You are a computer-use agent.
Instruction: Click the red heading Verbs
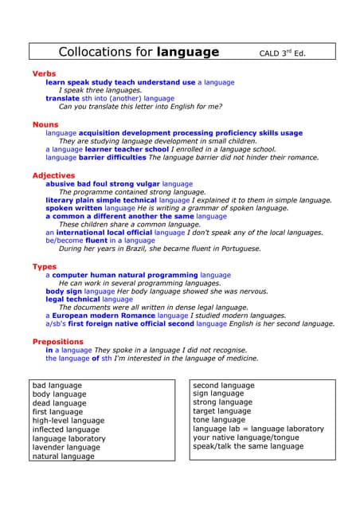[44, 73]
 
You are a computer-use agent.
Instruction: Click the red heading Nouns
[45, 124]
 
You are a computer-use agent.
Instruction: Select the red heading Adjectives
[53, 175]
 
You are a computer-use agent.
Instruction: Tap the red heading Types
[45, 266]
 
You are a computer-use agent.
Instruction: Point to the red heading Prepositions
[57, 341]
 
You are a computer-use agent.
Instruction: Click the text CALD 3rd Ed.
[283, 54]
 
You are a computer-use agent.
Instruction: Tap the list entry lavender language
[66, 448]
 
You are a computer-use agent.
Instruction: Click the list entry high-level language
[68, 421]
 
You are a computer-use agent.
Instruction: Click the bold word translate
[62, 99]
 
